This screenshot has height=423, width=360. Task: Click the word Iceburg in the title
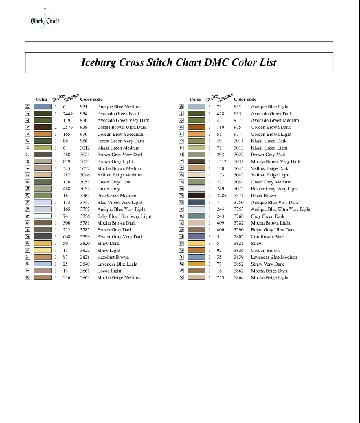pyautogui.click(x=100, y=62)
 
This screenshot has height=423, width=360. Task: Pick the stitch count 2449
pyautogui.click(x=67, y=114)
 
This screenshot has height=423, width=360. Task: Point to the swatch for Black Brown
pyautogui.click(x=196, y=196)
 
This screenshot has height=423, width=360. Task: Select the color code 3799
pyautogui.click(x=84, y=237)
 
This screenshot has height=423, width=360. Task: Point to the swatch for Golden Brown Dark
pyautogui.click(x=196, y=127)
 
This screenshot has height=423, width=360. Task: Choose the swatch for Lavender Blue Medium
pyautogui.click(x=196, y=257)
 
